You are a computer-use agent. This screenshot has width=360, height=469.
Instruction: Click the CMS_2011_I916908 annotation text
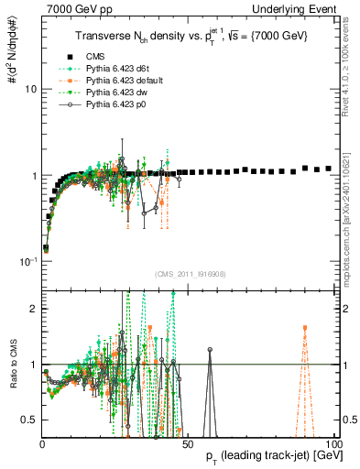pyautogui.click(x=189, y=274)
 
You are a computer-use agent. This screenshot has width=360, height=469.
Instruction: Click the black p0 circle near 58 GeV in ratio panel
pyautogui.click(x=210, y=350)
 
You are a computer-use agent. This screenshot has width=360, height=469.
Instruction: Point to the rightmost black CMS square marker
pyautogui.click(x=329, y=169)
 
